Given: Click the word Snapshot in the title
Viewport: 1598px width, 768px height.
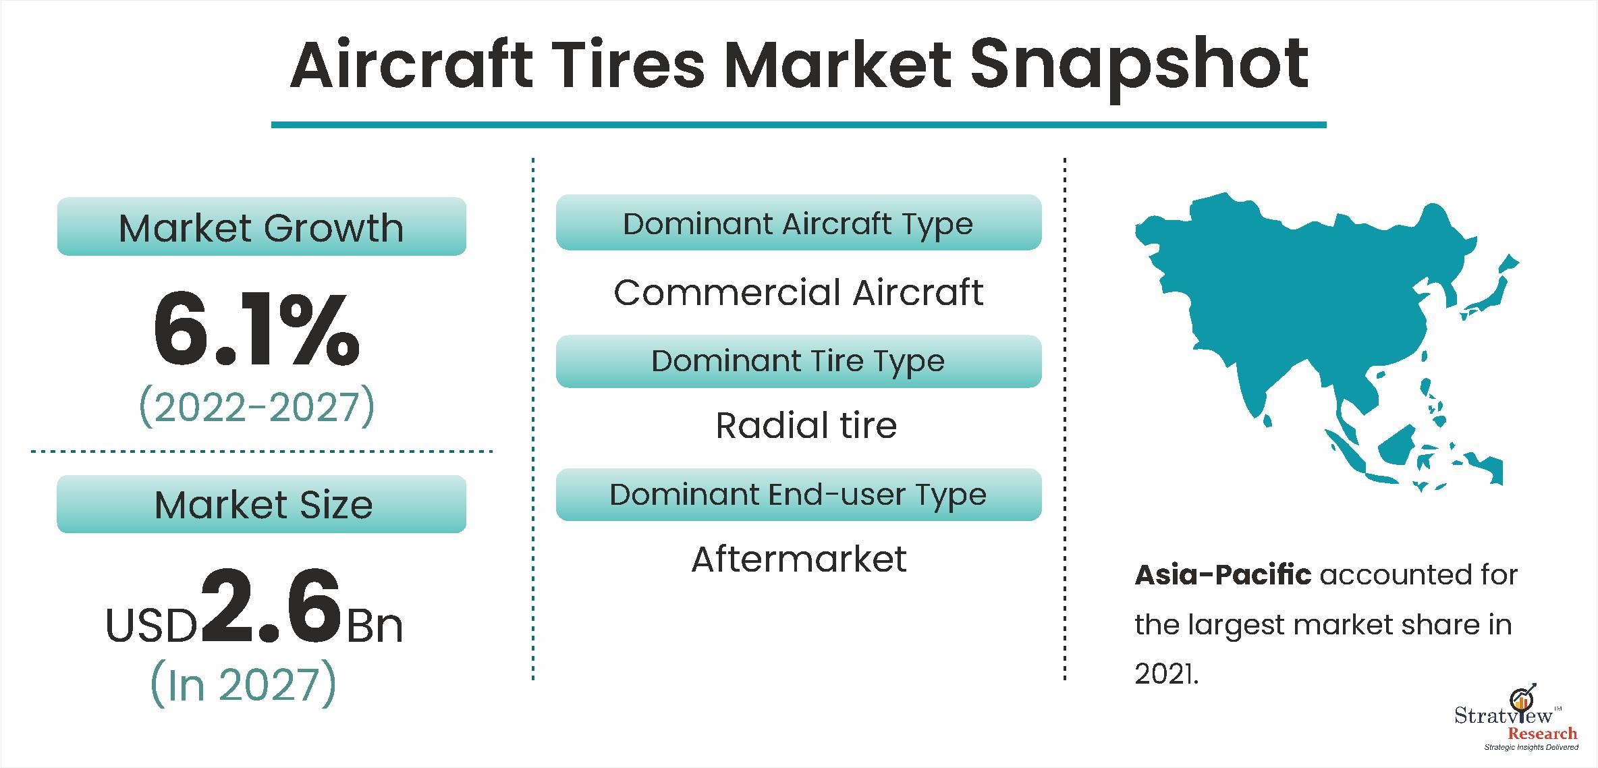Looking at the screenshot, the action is [x=1139, y=66].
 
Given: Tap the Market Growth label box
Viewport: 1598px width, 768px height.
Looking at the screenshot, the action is [x=262, y=227].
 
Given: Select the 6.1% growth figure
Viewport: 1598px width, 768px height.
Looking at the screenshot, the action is [x=256, y=329].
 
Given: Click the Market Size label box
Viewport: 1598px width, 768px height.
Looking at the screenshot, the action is [x=262, y=504].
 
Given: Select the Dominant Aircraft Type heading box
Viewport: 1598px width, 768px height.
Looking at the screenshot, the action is [x=798, y=223].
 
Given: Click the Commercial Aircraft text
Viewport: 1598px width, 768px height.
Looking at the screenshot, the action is [x=798, y=292].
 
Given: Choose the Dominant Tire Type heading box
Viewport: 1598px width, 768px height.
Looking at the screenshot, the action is [x=798, y=361].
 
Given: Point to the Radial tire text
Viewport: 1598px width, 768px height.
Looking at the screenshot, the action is [x=806, y=425].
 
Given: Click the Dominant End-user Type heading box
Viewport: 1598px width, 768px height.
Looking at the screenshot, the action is [x=798, y=495].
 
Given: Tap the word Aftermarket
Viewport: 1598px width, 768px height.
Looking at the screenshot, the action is [x=799, y=559].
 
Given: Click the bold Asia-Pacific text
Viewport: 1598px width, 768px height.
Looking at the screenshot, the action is [x=1223, y=575].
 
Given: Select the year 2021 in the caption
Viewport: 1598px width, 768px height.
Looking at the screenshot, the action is [x=1165, y=674].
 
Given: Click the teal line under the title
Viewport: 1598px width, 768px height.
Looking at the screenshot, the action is [x=798, y=125].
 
